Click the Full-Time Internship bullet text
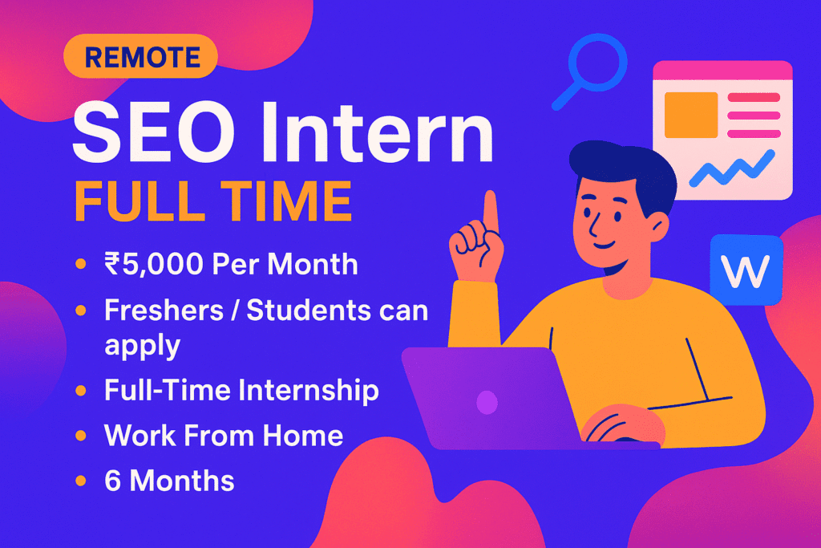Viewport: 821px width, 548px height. [241, 391]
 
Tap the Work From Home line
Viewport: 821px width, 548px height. [224, 436]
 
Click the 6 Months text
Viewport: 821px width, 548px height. [169, 481]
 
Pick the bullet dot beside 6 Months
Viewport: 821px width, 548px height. [80, 481]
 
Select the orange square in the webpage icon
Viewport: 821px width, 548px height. [691, 115]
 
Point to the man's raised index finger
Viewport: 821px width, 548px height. [489, 210]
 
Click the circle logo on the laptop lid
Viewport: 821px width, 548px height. [487, 402]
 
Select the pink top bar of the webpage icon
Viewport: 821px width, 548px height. [722, 71]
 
